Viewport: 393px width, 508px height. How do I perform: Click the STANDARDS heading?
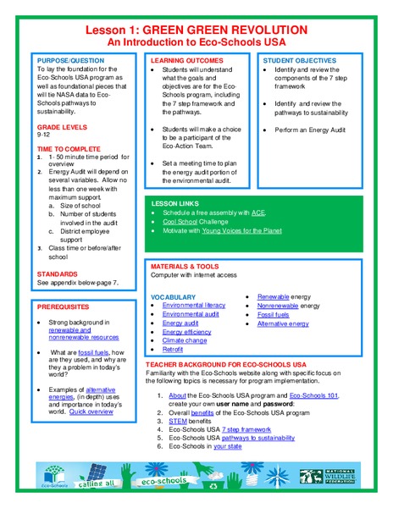click(60, 274)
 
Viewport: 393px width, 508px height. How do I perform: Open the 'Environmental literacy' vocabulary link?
click(194, 305)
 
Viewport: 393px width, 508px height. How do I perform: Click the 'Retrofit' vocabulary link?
click(174, 349)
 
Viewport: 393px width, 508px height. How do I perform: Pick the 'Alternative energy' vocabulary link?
click(283, 323)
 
